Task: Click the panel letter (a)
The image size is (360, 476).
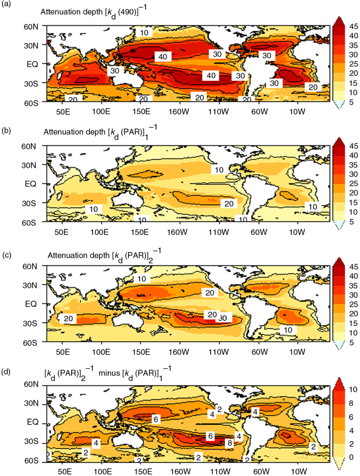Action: [6, 5]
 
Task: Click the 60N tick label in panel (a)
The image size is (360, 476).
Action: [31, 27]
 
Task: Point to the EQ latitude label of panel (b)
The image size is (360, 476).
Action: [30, 184]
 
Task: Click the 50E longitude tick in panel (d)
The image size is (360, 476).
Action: [65, 471]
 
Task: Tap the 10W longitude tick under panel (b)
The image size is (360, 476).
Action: [296, 232]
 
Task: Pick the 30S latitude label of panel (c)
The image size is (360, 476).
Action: [30, 323]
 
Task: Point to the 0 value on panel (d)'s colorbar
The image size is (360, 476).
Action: [351, 457]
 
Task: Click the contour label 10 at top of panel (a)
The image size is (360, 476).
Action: [144, 32]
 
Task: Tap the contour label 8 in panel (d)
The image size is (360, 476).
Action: [230, 443]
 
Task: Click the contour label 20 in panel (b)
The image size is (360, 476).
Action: [229, 204]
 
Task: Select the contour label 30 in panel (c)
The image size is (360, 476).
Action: [223, 318]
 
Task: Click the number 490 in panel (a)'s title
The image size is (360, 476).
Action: [128, 13]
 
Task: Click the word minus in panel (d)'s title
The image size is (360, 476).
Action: [109, 373]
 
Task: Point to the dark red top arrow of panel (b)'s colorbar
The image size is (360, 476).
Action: [339, 140]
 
